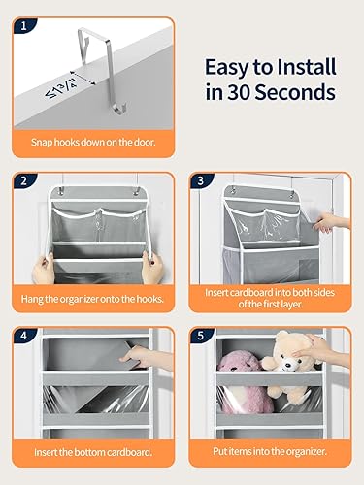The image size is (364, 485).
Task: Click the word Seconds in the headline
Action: click(x=288, y=94)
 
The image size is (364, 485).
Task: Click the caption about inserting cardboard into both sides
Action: click(x=269, y=296)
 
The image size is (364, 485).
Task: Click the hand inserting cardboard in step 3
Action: click(x=332, y=222)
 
